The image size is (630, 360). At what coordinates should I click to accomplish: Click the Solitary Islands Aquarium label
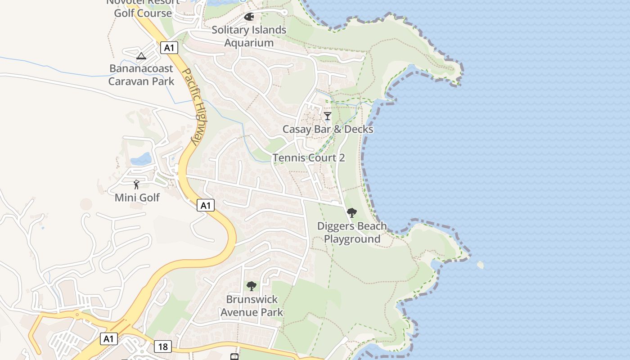249,36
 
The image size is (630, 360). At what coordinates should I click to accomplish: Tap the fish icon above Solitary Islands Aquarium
249,17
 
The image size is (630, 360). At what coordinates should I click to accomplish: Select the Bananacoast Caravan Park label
141,75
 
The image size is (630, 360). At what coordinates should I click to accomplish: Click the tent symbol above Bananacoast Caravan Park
141,56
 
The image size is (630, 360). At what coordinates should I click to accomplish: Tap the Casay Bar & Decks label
328,129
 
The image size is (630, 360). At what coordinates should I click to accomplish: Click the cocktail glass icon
328,116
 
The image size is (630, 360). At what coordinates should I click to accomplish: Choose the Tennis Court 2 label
309,158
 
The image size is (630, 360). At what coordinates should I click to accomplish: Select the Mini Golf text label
137,198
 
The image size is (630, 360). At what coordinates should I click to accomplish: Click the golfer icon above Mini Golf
136,184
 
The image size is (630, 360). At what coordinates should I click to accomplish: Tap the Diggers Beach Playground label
352,233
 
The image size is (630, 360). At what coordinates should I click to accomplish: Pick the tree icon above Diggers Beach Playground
352,212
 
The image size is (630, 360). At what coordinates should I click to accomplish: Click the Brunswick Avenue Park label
252,306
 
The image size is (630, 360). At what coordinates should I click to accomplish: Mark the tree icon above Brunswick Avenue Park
252,286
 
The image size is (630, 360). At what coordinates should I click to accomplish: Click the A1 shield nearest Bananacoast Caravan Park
169,48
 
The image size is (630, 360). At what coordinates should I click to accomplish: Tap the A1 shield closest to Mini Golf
206,206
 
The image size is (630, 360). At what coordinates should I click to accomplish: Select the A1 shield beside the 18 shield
108,339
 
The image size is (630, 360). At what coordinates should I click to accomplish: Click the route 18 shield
162,346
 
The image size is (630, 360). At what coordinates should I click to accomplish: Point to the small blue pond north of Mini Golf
141,159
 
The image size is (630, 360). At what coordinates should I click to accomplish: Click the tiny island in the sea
480,265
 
